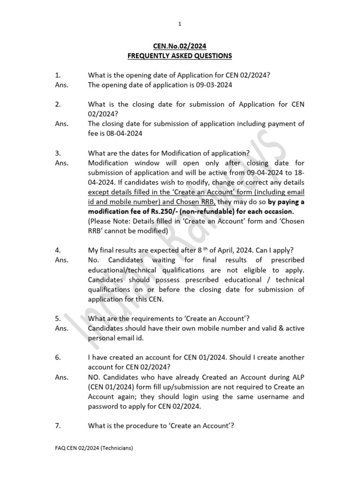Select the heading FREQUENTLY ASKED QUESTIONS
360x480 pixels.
[x=180, y=56]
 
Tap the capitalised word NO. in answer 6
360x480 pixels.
[x=95, y=377]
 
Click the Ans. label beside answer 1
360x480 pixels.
[x=62, y=85]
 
